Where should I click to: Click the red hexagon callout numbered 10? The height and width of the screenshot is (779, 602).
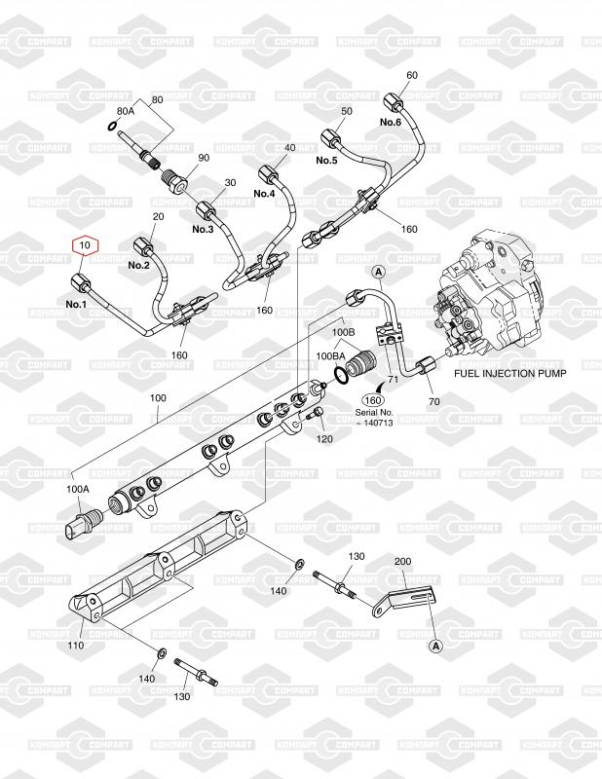pyautogui.click(x=86, y=245)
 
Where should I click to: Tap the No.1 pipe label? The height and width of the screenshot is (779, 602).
pyautogui.click(x=76, y=304)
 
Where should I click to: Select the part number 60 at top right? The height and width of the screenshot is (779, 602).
pyautogui.click(x=412, y=75)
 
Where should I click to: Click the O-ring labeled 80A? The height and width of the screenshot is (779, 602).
pyautogui.click(x=113, y=127)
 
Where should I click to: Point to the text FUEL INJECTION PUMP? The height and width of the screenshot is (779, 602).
pyautogui.click(x=510, y=374)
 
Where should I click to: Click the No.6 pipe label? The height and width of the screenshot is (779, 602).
pyautogui.click(x=391, y=122)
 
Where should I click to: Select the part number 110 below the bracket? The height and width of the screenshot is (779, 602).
pyautogui.click(x=76, y=646)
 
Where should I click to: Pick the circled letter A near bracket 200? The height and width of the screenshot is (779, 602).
pyautogui.click(x=436, y=646)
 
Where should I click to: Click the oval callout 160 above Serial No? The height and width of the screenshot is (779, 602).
pyautogui.click(x=373, y=400)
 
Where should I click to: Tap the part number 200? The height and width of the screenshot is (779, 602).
pyautogui.click(x=402, y=561)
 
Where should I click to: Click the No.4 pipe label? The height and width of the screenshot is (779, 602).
pyautogui.click(x=264, y=193)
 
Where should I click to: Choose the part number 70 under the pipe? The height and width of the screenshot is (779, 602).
pyautogui.click(x=434, y=401)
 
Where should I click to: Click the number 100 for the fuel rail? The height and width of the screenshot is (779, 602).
pyautogui.click(x=158, y=398)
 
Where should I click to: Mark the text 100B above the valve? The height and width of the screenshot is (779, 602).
pyautogui.click(x=344, y=330)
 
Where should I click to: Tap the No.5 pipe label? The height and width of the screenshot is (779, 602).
pyautogui.click(x=326, y=160)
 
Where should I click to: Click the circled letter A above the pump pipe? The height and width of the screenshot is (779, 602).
pyautogui.click(x=379, y=272)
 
